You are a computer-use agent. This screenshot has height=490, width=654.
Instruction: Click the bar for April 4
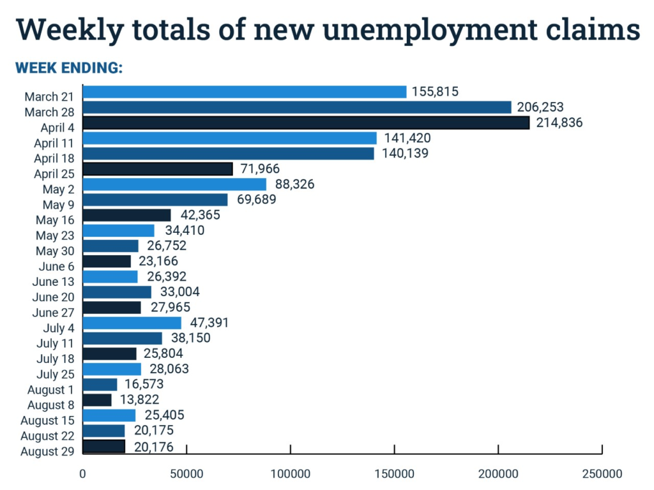point(306,122)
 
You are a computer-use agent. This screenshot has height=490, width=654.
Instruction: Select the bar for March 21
point(245,92)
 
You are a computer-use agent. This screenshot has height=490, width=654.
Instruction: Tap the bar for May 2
point(174,184)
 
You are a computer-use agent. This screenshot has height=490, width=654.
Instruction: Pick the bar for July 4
point(132,323)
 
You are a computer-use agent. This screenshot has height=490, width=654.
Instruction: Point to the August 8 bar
point(97,400)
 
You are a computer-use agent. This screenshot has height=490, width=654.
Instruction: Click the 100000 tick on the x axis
point(290,474)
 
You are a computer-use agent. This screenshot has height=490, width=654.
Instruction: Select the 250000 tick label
point(602,474)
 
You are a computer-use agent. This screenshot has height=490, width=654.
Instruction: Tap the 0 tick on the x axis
point(83,474)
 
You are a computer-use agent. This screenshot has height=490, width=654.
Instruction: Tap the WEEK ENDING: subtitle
point(69,68)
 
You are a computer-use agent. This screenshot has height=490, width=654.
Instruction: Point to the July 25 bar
point(112,369)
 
